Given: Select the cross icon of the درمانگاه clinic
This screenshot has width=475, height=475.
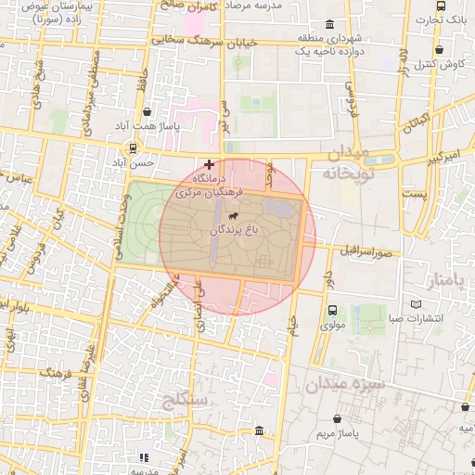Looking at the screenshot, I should point(209,163).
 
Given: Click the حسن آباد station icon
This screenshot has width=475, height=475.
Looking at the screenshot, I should point(135,148).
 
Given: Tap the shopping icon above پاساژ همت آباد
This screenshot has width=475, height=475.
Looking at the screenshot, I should point(148,111).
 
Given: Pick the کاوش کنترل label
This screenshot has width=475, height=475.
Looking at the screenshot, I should point(446,64).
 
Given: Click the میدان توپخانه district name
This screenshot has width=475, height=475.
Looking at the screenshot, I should point(348,162).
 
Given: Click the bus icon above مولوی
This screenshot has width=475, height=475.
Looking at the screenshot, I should point(332,311).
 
